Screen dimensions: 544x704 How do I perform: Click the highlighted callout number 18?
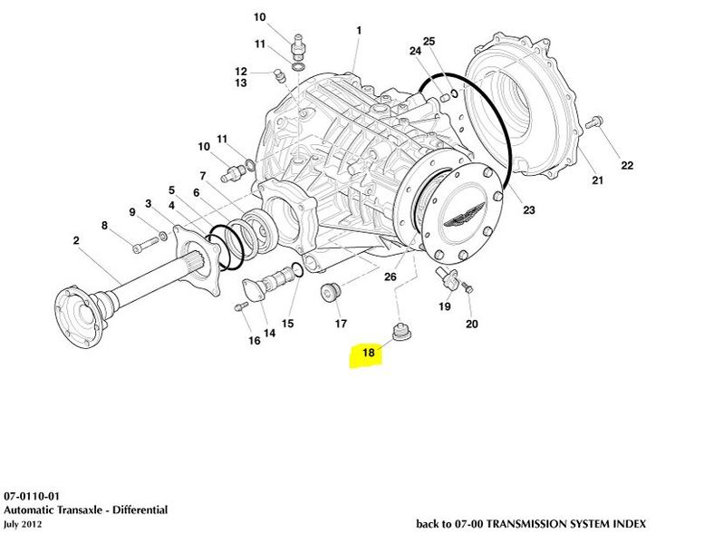pyautogui.click(x=368, y=352)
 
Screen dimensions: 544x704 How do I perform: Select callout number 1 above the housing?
pyautogui.click(x=359, y=30)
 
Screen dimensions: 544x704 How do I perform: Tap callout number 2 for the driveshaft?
pyautogui.click(x=75, y=240)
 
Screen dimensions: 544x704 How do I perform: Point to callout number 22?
pyautogui.click(x=627, y=165)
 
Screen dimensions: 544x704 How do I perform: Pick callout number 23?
pyautogui.click(x=528, y=210)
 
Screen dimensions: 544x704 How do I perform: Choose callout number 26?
pyautogui.click(x=391, y=277)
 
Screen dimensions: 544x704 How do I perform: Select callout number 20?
pyautogui.click(x=471, y=324)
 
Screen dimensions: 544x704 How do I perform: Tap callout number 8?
pyautogui.click(x=104, y=226)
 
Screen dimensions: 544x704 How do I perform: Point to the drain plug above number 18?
pyautogui.click(x=398, y=331)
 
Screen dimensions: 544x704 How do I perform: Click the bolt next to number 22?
pyautogui.click(x=595, y=120)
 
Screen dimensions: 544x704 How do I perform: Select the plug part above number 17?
pyautogui.click(x=330, y=293)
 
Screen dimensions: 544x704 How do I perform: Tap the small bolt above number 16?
pyautogui.click(x=240, y=307)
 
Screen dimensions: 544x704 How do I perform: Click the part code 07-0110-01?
pyautogui.click(x=32, y=498)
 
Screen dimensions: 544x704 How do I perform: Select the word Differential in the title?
pyautogui.click(x=135, y=510)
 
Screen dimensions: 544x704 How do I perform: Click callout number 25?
pyautogui.click(x=429, y=41)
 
